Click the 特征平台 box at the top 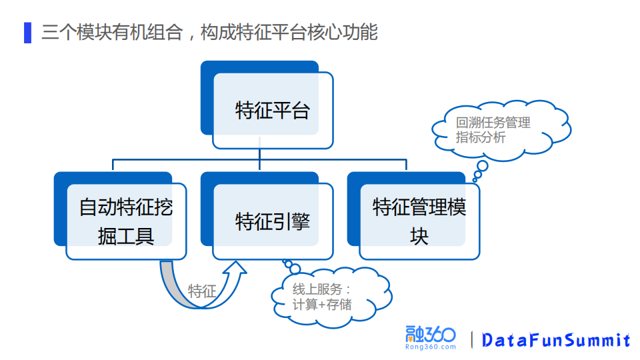pos(273,110)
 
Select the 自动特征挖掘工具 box pos(126,221)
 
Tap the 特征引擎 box pos(273,221)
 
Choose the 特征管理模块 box pos(419,221)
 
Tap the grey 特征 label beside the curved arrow pos(202,291)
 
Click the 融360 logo pos(430,335)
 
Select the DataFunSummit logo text pos(556,340)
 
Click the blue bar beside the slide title pos(27,32)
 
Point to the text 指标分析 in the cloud pos(481,137)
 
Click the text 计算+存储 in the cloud pos(322,305)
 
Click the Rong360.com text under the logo pos(430,347)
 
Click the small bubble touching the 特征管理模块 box pos(476,178)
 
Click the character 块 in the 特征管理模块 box pos(419,236)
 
